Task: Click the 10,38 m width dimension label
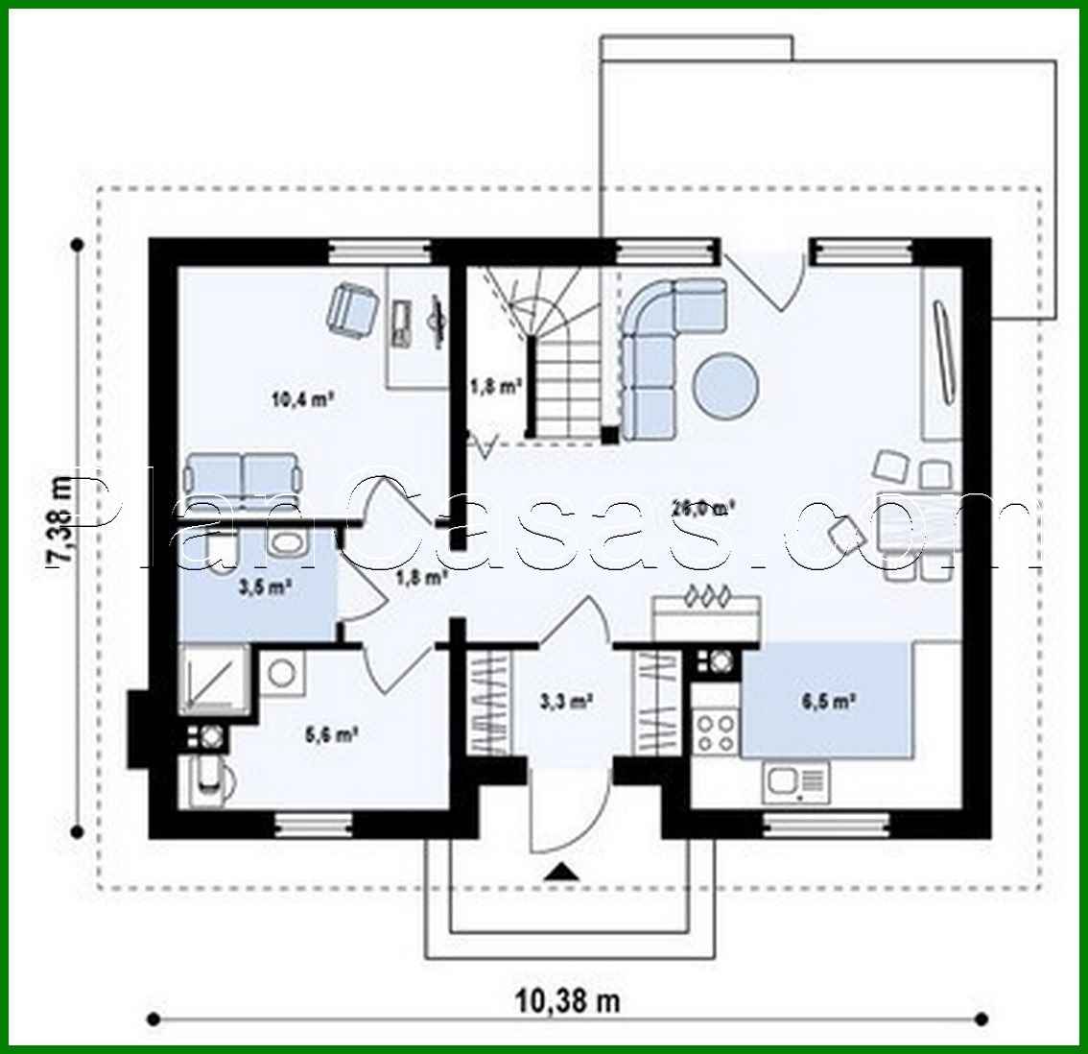[569, 1001]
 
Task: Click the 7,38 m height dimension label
[59, 521]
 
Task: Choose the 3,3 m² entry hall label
[565, 702]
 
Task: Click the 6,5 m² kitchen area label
[828, 702]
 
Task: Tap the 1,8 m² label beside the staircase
[495, 387]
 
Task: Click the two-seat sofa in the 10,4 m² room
[244, 475]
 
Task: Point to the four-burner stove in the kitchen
[715, 731]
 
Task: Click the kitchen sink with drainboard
[795, 782]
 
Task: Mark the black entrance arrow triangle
[562, 872]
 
